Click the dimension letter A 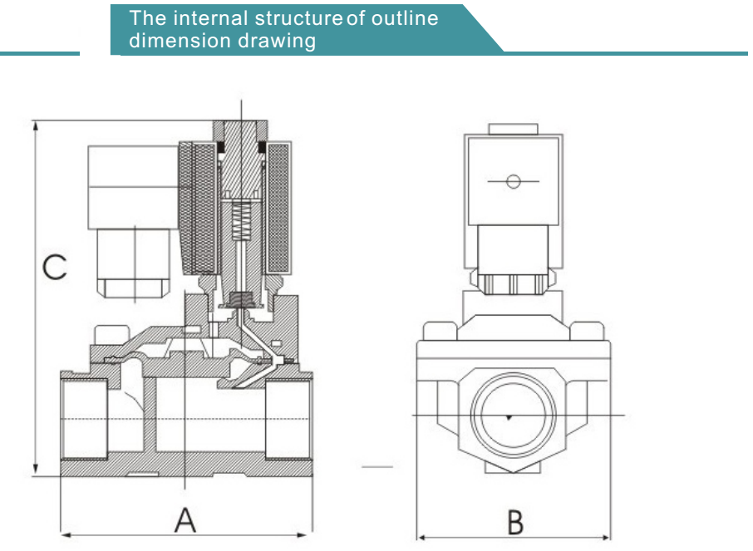185,519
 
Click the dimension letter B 515,522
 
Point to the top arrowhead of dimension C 35,125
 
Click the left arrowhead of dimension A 66,534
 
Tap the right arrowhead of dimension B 605,537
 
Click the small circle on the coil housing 514,181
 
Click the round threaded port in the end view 514,415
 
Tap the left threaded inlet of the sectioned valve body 84,418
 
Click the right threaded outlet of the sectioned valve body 288,418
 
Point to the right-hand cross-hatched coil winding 278,208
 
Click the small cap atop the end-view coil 513,129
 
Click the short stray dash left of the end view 377,466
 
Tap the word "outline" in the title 405,18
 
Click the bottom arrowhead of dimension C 35,470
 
